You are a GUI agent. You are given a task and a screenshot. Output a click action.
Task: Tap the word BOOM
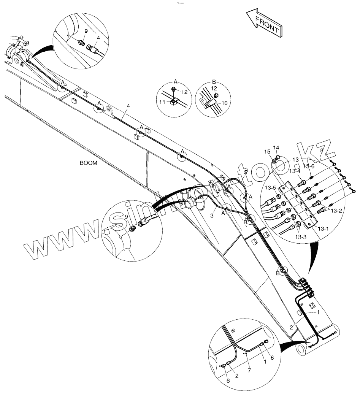pos(88,163)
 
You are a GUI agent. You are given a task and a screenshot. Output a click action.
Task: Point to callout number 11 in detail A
pos(162,101)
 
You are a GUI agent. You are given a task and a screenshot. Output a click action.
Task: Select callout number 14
pos(276,147)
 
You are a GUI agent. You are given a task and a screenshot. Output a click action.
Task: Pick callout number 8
pos(322,151)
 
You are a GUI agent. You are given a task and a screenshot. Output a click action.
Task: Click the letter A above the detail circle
pos(176,81)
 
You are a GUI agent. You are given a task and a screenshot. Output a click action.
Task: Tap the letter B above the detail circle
pos(214,81)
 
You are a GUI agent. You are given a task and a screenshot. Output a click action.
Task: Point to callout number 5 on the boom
pos(246,172)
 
